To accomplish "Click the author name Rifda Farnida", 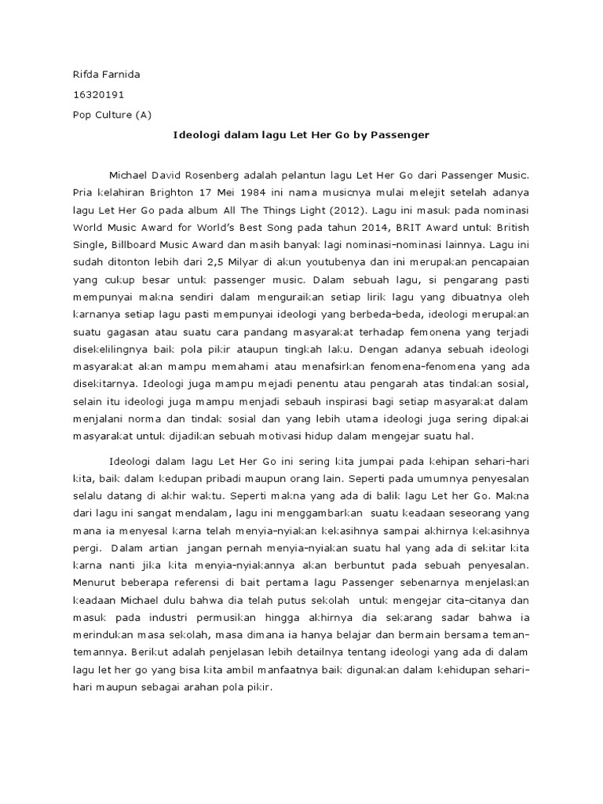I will tap(106, 75).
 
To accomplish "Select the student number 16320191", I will tap(98, 94).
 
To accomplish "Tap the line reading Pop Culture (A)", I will tap(111, 115).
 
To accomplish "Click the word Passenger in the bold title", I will tap(404, 135).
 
